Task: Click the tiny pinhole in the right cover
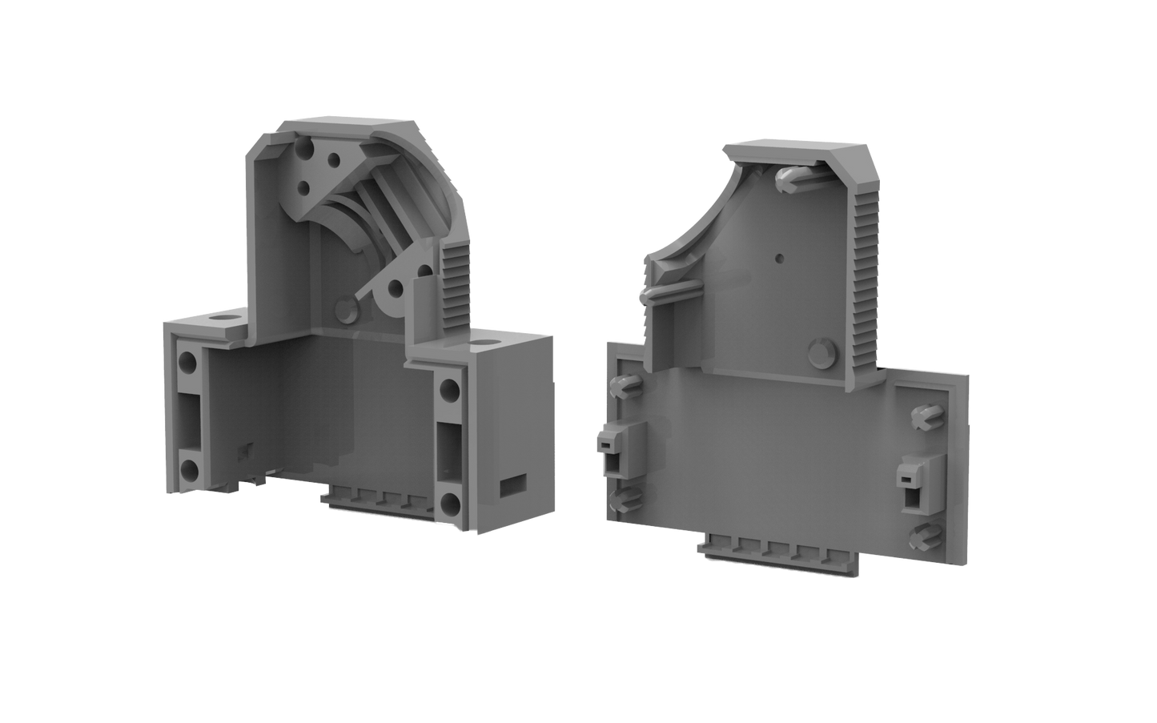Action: (x=779, y=259)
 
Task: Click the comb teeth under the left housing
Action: (x=384, y=502)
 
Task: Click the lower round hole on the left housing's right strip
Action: (x=449, y=503)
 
